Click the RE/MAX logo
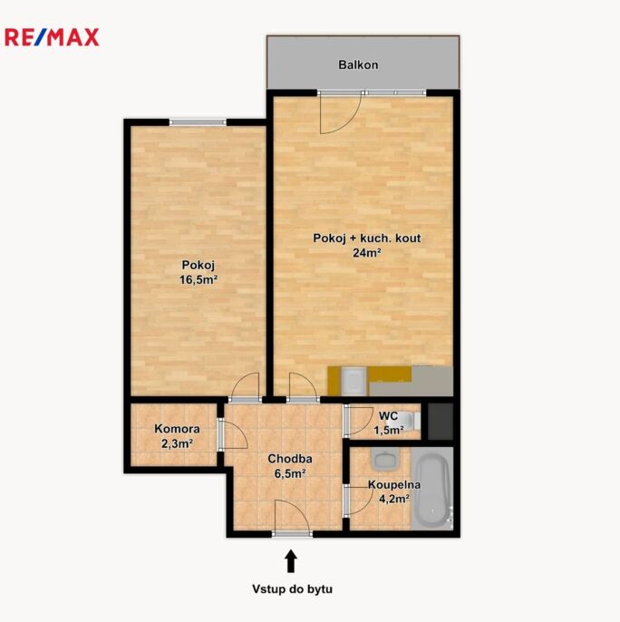[x=52, y=38]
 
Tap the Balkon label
[x=358, y=64]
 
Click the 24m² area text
[x=367, y=253]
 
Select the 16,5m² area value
[x=199, y=279]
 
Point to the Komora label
[x=177, y=429]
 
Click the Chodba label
[x=290, y=459]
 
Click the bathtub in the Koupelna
[x=432, y=489]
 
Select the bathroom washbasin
[x=384, y=460]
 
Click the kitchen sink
[x=354, y=381]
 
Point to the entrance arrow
[x=291, y=561]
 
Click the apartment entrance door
[x=293, y=518]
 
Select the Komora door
[x=233, y=435]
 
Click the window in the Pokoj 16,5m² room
[x=198, y=121]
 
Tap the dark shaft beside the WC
[x=441, y=422]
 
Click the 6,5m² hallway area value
[x=290, y=473]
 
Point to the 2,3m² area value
[x=177, y=443]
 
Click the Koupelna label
[x=394, y=485]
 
